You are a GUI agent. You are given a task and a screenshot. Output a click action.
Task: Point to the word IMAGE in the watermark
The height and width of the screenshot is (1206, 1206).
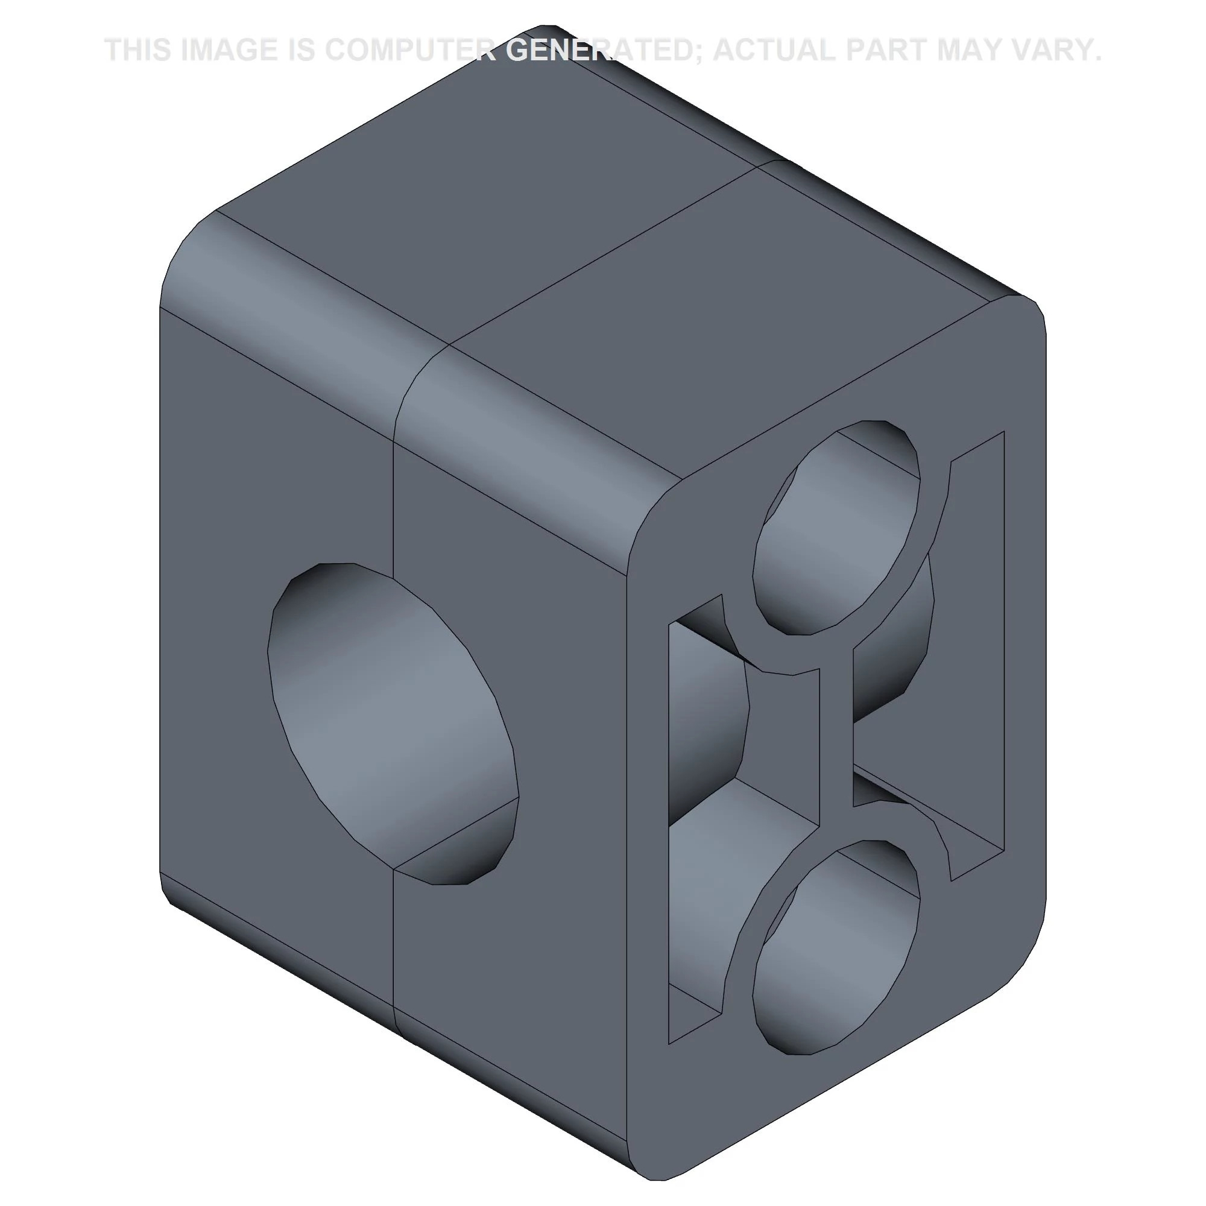point(229,50)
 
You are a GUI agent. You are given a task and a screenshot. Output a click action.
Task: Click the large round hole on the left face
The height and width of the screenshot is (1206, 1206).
point(393,724)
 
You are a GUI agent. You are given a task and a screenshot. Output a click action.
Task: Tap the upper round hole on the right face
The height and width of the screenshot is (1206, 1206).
point(836,528)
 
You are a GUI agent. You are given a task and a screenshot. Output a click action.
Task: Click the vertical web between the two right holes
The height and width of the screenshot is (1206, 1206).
point(836,737)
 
